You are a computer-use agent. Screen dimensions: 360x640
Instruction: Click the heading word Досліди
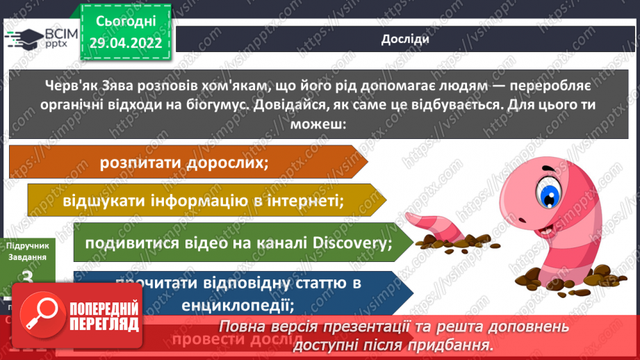(405, 39)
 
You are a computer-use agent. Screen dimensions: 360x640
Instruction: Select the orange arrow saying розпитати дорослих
(184, 162)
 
